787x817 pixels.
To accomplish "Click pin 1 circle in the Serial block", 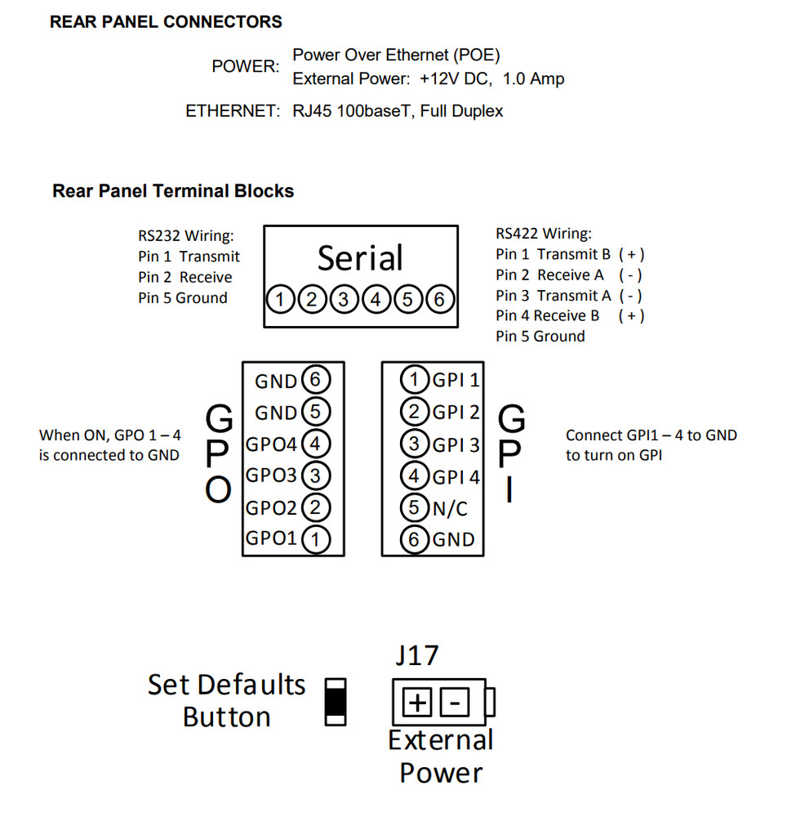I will click(280, 300).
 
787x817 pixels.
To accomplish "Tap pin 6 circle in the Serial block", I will click(439, 300).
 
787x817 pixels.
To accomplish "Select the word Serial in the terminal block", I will click(360, 258).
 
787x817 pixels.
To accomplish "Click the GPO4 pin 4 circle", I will click(316, 444).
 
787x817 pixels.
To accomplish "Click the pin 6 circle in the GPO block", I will click(316, 380).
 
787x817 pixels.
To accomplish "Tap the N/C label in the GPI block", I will click(450, 508).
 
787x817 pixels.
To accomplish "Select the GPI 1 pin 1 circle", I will click(415, 380).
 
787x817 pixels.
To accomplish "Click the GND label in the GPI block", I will click(453, 539).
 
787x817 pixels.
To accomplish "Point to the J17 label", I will click(416, 655).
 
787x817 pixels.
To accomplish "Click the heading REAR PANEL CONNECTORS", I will click(166, 22).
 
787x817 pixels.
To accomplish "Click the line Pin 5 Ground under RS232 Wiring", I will click(183, 298).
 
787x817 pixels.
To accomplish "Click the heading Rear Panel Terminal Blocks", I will click(173, 191).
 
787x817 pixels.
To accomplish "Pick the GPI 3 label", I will click(456, 444).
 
